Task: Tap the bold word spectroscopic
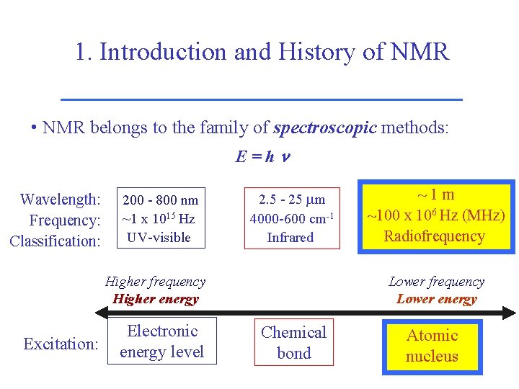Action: click(324, 128)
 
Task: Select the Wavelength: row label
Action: click(60, 200)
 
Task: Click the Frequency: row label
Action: click(64, 220)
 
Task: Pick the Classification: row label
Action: click(55, 241)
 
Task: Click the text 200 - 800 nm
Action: click(160, 200)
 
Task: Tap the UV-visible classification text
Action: click(159, 238)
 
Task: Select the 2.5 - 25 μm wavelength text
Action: click(291, 200)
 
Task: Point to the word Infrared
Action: click(290, 238)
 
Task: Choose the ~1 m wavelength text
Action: click(436, 194)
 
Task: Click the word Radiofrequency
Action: click(435, 236)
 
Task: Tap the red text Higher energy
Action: click(155, 299)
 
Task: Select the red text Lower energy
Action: click(437, 299)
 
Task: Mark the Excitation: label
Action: click(61, 344)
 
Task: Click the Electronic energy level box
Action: click(162, 341)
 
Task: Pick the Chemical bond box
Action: click(293, 343)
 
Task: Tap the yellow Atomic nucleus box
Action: click(432, 346)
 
